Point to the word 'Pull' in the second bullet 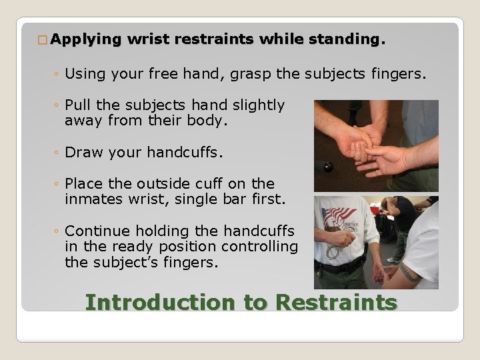pyautogui.click(x=77, y=105)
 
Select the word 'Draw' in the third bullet pyautogui.click(x=81, y=152)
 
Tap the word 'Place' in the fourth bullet pyautogui.click(x=83, y=183)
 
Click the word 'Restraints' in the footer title pyautogui.click(x=336, y=302)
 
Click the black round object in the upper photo pyautogui.click(x=328, y=165)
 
